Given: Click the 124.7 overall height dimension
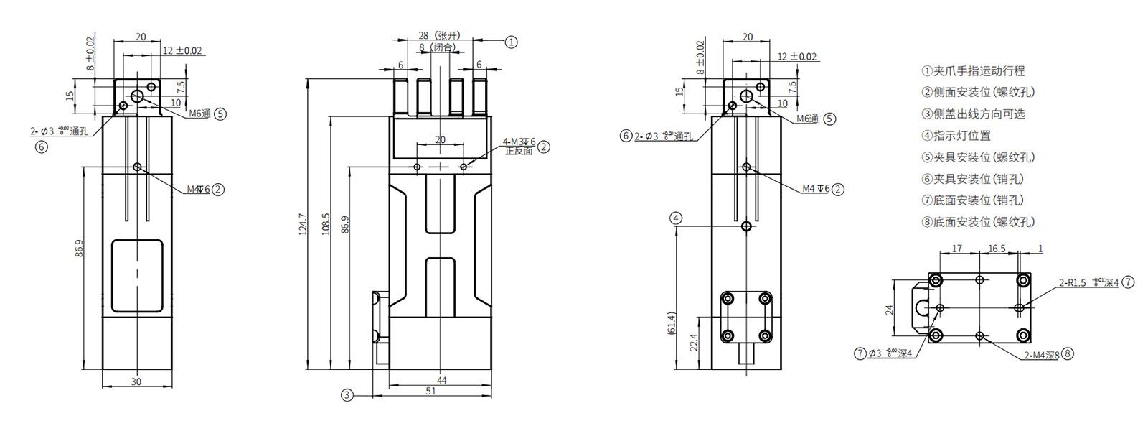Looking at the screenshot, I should point(303,224).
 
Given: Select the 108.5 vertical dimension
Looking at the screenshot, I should point(326,224).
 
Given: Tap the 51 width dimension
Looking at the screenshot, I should point(431,391).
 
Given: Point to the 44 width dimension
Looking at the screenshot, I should point(441,380).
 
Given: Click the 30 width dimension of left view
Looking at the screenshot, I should point(136,381).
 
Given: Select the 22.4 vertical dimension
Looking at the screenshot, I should point(694,342).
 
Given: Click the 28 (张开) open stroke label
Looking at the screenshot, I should point(439,35).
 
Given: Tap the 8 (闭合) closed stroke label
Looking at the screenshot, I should point(438,47).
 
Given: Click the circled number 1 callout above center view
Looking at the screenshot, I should point(511,42).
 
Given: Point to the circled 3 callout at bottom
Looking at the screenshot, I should point(347,394).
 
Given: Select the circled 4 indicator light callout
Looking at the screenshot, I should point(676,218).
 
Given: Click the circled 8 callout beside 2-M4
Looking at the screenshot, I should point(1068,353).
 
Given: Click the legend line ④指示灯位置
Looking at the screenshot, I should point(956,135).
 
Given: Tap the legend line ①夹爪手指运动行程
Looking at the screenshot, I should point(973,70).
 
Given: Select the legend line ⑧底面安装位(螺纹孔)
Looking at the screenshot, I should point(978,222).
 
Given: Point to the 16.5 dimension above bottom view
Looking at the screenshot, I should point(997,249).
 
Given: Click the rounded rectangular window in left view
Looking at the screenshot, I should point(137,276).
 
